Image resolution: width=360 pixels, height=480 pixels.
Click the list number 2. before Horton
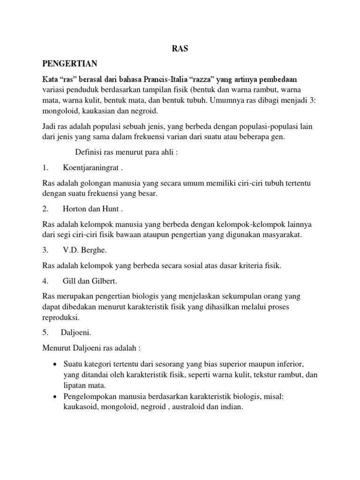[x=45, y=209]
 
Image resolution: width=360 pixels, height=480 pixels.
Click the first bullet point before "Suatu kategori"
[x=55, y=365]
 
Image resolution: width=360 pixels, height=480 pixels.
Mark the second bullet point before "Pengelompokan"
[x=55, y=397]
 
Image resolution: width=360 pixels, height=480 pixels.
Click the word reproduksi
[x=61, y=317]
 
